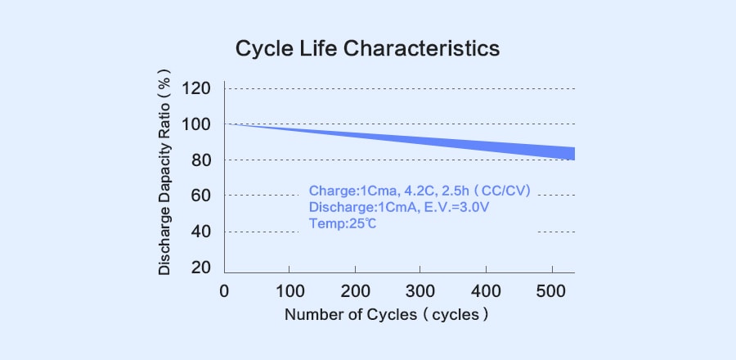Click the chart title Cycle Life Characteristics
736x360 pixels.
click(x=367, y=49)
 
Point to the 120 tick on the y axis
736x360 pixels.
click(x=196, y=88)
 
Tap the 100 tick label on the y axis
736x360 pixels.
click(x=196, y=124)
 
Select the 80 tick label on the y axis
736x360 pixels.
click(x=201, y=160)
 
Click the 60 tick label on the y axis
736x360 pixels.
click(x=201, y=196)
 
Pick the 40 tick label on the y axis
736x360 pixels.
click(x=201, y=232)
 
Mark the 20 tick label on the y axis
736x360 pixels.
click(x=201, y=268)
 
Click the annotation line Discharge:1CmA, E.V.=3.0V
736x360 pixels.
click(x=399, y=207)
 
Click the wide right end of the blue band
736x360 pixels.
click(x=569, y=153)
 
